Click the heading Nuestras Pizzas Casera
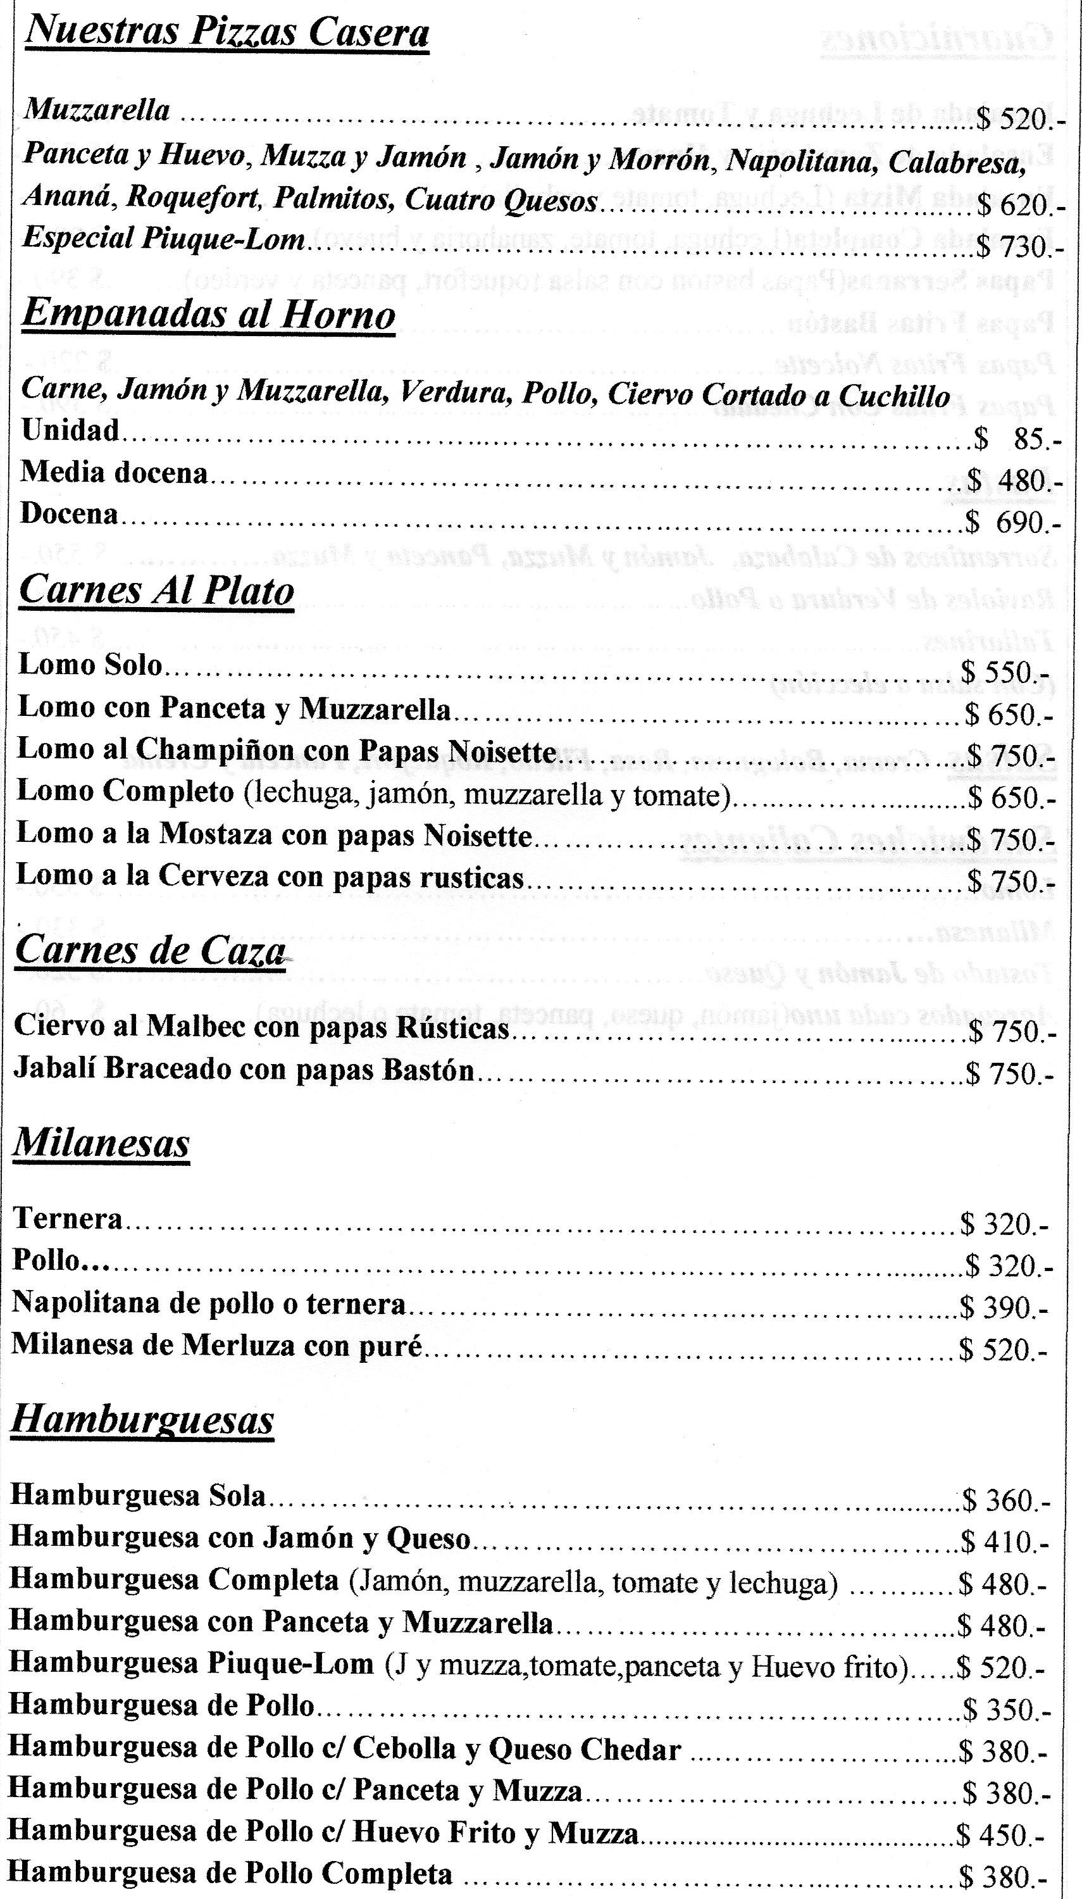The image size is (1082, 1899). tap(227, 34)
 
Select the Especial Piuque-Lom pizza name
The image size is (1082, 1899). tap(163, 239)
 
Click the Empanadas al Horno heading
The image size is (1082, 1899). tap(208, 315)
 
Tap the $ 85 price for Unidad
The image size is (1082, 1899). tap(1018, 440)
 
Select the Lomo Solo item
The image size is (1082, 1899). tap(90, 665)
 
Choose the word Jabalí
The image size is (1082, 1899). tap(54, 1070)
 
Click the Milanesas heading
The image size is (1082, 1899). tap(101, 1143)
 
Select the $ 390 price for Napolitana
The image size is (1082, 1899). tap(1004, 1307)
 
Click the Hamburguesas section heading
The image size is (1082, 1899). tap(142, 1420)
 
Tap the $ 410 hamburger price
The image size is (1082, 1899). tap(1004, 1542)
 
